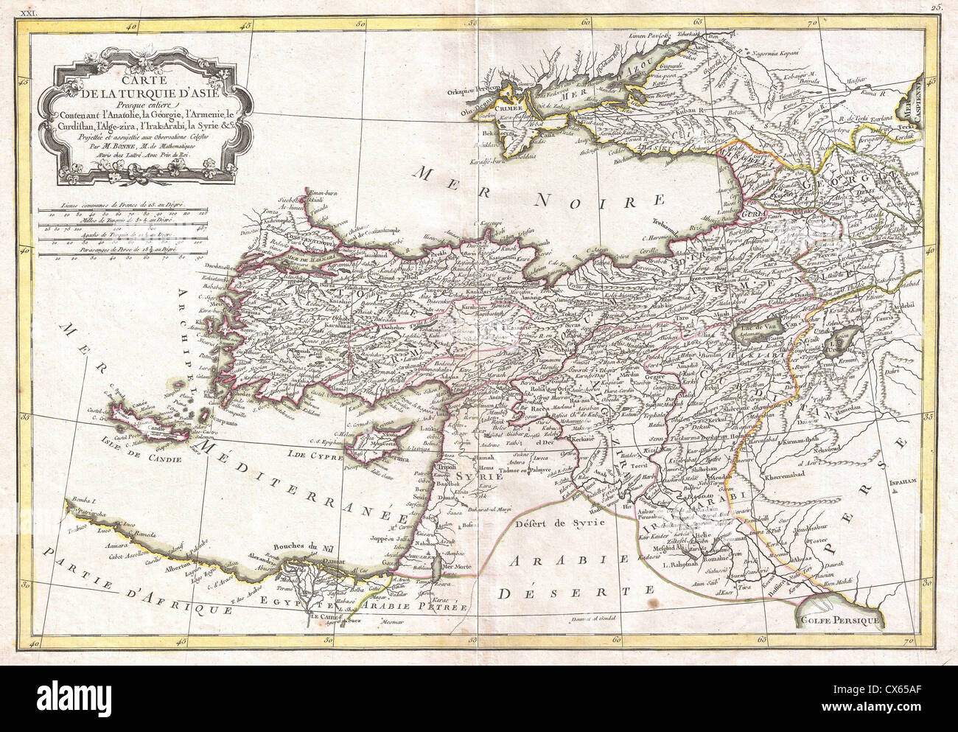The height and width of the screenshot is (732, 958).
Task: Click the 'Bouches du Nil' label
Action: pyautogui.click(x=304, y=546)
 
